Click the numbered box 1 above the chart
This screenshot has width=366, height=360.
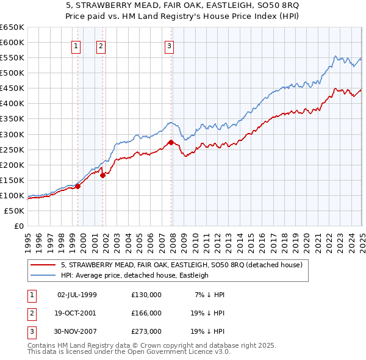pos(76,45)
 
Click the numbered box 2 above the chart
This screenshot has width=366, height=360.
pos(101,45)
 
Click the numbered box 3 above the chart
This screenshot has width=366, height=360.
pos(169,45)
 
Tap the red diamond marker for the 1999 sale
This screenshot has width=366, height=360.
pos(77,186)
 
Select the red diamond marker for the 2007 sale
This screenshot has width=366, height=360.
pos(171,142)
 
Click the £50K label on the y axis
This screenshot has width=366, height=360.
pos(14,211)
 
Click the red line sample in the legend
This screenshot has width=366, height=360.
pos(44,265)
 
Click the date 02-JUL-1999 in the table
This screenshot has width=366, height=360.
pos(77,295)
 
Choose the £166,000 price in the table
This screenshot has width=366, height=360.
pos(146,313)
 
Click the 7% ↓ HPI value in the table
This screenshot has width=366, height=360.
pos(209,295)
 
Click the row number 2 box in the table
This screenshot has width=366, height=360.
pos(30,313)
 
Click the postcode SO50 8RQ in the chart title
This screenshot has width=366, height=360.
pos(202,5)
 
